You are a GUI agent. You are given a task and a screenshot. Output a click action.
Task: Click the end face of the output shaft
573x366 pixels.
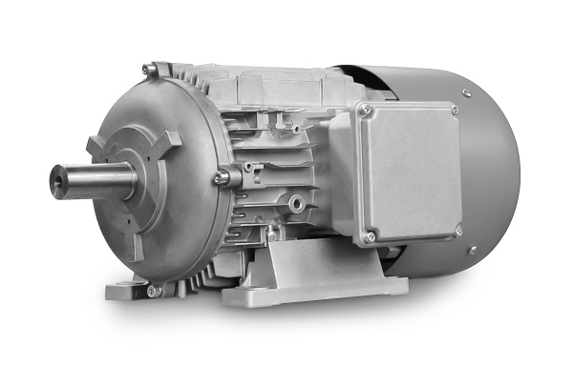(x=60, y=182)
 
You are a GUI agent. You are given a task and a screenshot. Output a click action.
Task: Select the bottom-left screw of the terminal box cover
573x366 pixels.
(x=370, y=235)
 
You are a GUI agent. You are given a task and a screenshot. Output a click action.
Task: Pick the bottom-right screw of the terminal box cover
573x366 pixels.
(x=457, y=230)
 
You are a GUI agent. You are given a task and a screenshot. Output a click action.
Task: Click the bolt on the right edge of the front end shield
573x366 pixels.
(x=222, y=175)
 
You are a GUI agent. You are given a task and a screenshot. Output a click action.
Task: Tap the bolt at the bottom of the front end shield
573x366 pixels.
(x=152, y=290)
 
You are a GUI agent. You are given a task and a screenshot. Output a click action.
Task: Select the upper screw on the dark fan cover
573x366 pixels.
(x=465, y=92)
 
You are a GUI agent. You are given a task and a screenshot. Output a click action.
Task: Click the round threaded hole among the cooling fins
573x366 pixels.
(x=299, y=203)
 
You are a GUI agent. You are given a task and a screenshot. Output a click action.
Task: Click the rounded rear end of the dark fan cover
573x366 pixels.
(x=501, y=172)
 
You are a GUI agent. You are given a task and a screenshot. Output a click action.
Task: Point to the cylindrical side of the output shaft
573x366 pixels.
(x=95, y=181)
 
